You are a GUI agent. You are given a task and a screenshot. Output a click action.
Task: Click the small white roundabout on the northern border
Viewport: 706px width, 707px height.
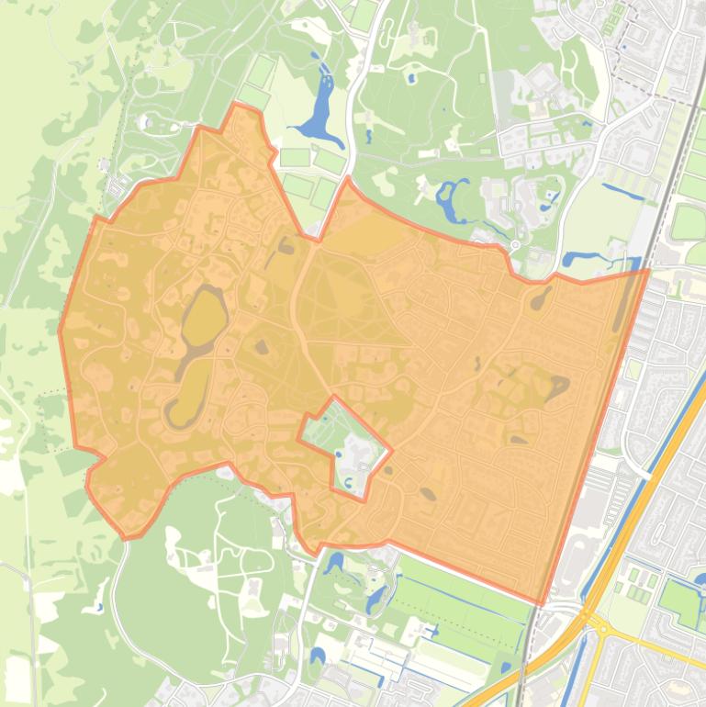pos(514,246)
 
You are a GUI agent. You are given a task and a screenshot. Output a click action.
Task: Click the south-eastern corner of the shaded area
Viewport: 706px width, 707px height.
pos(542,604)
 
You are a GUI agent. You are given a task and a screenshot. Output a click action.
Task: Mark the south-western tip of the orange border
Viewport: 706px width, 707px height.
pos(127,538)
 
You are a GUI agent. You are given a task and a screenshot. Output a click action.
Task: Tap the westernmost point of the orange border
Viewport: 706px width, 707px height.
pos(60,331)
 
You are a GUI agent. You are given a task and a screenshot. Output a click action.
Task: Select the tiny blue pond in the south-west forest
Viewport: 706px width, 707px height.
pos(98,607)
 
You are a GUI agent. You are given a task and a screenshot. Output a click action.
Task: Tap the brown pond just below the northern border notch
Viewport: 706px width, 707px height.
pos(286,245)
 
